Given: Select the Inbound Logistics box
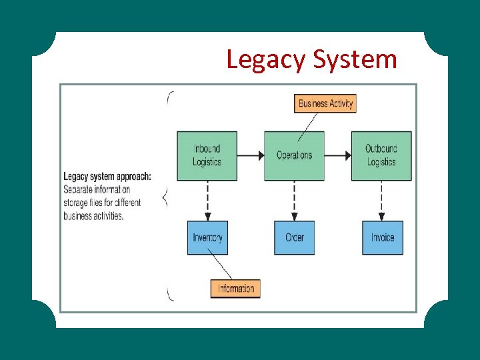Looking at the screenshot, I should click(207, 156).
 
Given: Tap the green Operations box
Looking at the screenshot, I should click(294, 156).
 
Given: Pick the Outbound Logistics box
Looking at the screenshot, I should click(381, 156).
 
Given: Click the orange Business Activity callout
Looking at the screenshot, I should click(325, 103).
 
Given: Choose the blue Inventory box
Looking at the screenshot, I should click(207, 238).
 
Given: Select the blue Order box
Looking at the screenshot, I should click(295, 238).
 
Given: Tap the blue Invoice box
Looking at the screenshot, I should click(383, 238).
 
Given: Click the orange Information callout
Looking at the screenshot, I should click(235, 288).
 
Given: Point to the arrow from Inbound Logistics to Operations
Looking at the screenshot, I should click(251, 156).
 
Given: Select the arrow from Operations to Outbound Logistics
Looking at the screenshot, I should click(338, 156).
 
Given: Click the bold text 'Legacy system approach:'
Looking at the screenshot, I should click(107, 177).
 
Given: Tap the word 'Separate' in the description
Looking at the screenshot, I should click(78, 189).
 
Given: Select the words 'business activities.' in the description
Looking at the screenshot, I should click(93, 216).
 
